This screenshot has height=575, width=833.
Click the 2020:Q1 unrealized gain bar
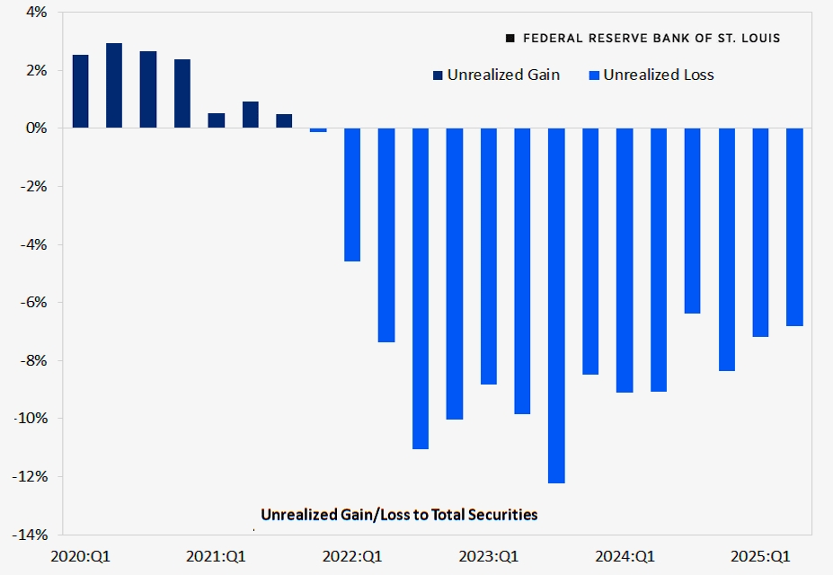[80, 91]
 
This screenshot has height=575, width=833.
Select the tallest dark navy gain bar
[114, 85]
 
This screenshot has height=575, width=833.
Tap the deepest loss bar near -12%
[556, 305]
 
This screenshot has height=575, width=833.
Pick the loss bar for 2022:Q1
[352, 194]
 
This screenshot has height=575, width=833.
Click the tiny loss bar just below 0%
[318, 130]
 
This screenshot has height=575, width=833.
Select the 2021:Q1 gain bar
[217, 120]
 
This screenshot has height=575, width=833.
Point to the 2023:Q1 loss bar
[488, 256]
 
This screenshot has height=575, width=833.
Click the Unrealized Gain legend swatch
[438, 75]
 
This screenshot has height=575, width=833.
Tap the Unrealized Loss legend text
[658, 75]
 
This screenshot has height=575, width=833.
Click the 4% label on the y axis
[36, 13]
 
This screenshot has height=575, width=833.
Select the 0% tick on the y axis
[36, 128]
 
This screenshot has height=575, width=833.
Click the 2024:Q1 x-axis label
[625, 556]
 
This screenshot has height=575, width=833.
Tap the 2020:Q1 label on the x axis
[79, 556]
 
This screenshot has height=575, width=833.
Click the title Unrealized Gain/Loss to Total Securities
[399, 515]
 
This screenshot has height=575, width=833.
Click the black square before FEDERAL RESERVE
[511, 39]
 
